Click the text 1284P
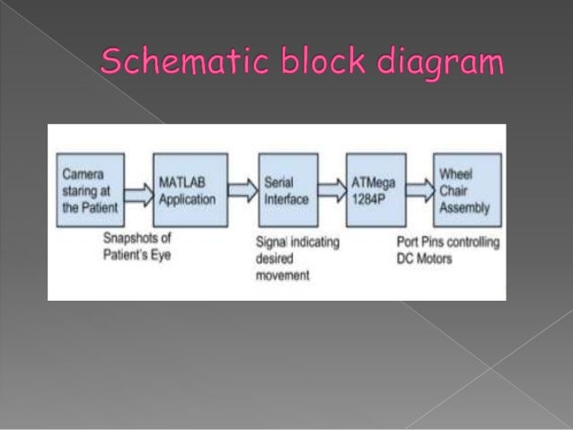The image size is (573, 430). click(x=367, y=199)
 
